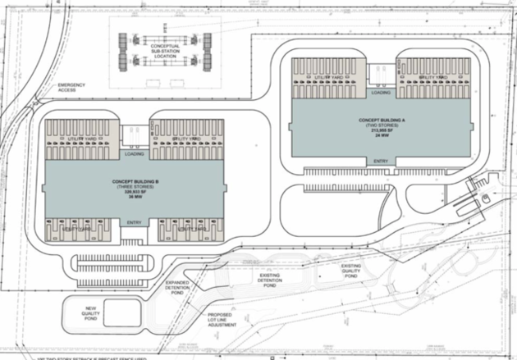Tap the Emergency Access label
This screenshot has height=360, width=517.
(x=71, y=89)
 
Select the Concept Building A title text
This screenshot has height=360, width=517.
(x=380, y=120)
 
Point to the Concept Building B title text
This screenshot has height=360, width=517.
(x=135, y=180)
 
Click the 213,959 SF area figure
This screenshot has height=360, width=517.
(x=380, y=131)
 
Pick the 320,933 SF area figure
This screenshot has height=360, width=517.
(x=135, y=192)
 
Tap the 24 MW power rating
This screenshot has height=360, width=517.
(x=380, y=137)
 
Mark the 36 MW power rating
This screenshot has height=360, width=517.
(x=135, y=198)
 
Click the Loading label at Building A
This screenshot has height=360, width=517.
(x=381, y=92)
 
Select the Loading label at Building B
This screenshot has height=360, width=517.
(x=135, y=153)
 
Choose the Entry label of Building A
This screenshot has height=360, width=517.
(x=381, y=161)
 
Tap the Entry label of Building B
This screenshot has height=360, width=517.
(x=135, y=222)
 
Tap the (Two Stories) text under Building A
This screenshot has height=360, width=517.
(x=380, y=125)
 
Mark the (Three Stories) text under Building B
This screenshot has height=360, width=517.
(x=135, y=186)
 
